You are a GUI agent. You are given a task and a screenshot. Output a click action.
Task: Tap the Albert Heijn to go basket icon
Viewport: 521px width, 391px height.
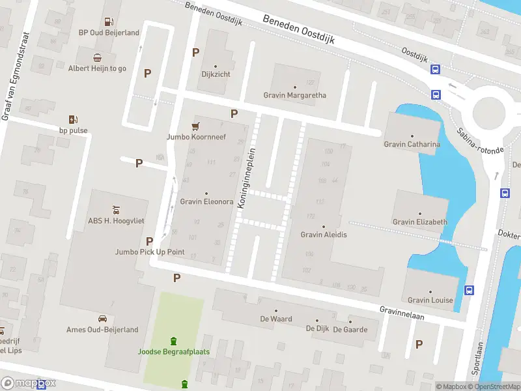click(97, 57)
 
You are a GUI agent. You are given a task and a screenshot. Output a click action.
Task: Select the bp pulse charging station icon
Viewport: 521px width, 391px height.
click(73, 119)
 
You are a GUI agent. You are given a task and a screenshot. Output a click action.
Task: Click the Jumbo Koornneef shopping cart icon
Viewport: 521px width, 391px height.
click(195, 126)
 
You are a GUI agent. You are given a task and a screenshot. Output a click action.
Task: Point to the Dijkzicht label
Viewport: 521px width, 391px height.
click(216, 74)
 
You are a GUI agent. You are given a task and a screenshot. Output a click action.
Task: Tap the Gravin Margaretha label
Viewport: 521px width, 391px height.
click(294, 95)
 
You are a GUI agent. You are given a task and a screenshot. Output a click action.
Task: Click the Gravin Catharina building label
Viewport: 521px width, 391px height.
click(412, 144)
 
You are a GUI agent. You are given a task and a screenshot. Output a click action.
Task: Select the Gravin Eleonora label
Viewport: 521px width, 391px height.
click(206, 201)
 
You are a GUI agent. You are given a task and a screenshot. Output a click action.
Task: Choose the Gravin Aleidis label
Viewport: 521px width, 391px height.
click(324, 235)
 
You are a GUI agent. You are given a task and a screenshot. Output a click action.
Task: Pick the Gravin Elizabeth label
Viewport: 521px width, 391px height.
click(420, 222)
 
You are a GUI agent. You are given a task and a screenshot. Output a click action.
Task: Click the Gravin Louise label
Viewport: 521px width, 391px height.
click(430, 300)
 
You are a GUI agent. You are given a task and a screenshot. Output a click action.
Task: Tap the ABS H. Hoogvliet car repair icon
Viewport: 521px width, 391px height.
click(116, 209)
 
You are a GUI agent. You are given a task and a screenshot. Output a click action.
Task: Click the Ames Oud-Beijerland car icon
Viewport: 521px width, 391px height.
click(102, 319)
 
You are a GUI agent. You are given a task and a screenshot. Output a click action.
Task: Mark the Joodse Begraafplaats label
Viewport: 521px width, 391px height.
click(173, 352)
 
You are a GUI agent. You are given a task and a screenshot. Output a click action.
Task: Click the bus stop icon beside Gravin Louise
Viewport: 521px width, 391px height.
click(469, 290)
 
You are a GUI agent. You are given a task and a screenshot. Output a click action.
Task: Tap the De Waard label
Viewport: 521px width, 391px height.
click(276, 319)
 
